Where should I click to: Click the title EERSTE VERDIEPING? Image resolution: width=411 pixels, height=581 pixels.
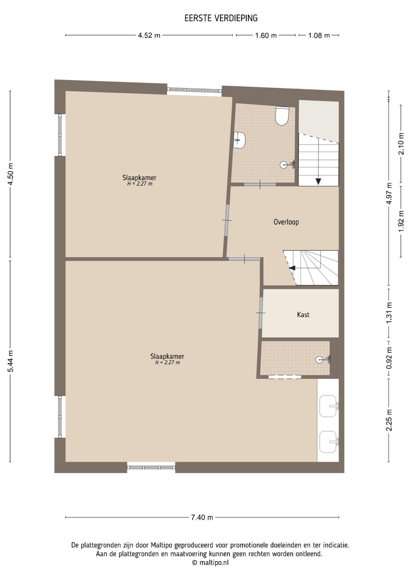221,18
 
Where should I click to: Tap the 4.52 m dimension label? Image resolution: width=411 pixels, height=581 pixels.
149,35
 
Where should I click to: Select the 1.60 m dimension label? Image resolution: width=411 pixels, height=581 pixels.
266,35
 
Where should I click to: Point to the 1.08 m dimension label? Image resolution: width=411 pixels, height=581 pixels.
319,35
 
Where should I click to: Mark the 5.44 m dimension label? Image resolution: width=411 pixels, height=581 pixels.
10,361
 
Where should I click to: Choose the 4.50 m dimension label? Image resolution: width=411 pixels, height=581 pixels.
10,174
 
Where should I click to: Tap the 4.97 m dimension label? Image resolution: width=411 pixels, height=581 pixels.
389,193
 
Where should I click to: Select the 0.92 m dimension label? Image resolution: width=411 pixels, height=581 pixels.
389,358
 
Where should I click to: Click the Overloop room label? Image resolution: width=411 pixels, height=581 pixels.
286,222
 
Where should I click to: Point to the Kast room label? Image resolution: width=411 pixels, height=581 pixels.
303,314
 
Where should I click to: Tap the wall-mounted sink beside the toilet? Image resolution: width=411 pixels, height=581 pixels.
239,140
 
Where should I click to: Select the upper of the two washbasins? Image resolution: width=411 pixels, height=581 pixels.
329,406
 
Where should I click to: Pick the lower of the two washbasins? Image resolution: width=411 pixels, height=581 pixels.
329,442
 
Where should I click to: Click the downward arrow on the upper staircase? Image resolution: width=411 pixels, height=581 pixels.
318,181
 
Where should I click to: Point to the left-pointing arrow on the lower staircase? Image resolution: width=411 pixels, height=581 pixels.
292,268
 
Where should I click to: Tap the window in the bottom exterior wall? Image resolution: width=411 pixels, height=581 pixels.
151,468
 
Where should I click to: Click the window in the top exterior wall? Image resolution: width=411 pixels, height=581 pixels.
194,90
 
